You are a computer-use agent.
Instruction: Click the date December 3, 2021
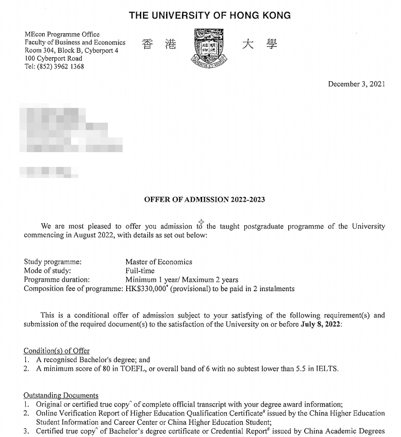pyautogui.click(x=356, y=84)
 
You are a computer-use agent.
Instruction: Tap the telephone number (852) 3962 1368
pyautogui.click(x=59, y=67)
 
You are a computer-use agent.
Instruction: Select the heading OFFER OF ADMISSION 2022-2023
pyautogui.click(x=204, y=200)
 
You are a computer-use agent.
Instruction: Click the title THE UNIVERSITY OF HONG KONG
pyautogui.click(x=209, y=15)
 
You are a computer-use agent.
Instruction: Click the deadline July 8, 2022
pyautogui.click(x=321, y=324)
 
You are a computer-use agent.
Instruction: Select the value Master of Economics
pyautogui.click(x=158, y=262)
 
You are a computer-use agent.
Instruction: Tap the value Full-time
pyautogui.click(x=140, y=271)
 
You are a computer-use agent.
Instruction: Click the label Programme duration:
pyautogui.click(x=57, y=280)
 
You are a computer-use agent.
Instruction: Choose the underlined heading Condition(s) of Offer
pyautogui.click(x=57, y=351)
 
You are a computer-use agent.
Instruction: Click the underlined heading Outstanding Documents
pyautogui.click(x=61, y=395)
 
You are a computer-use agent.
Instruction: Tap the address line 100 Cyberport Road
pyautogui.click(x=53, y=58)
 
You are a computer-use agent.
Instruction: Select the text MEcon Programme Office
pyautogui.click(x=62, y=35)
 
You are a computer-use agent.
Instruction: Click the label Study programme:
pyautogui.click(x=53, y=262)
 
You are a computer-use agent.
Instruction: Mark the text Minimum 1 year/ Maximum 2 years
pyautogui.click(x=182, y=280)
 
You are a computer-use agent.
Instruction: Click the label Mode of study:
pyautogui.click(x=48, y=271)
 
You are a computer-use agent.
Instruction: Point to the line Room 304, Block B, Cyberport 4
pyautogui.click(x=72, y=51)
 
